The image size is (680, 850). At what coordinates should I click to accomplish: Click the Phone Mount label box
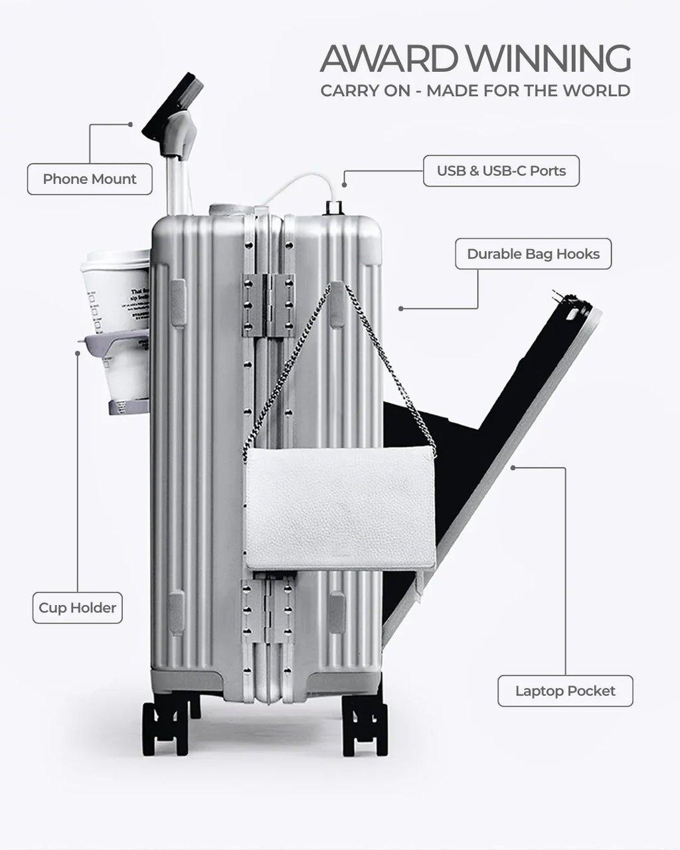tap(90, 179)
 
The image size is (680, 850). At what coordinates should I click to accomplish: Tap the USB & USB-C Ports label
tap(501, 171)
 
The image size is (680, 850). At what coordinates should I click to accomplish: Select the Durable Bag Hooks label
tap(533, 254)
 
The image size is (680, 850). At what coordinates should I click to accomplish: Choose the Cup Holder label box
tap(77, 608)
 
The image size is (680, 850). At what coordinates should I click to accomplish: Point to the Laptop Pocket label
tap(565, 691)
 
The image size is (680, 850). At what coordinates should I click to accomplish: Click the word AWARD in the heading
tap(392, 59)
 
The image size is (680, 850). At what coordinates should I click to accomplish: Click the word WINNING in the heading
tap(551, 59)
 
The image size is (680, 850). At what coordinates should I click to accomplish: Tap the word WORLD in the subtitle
tap(598, 91)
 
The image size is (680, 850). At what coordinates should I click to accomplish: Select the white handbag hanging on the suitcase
tap(340, 508)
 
